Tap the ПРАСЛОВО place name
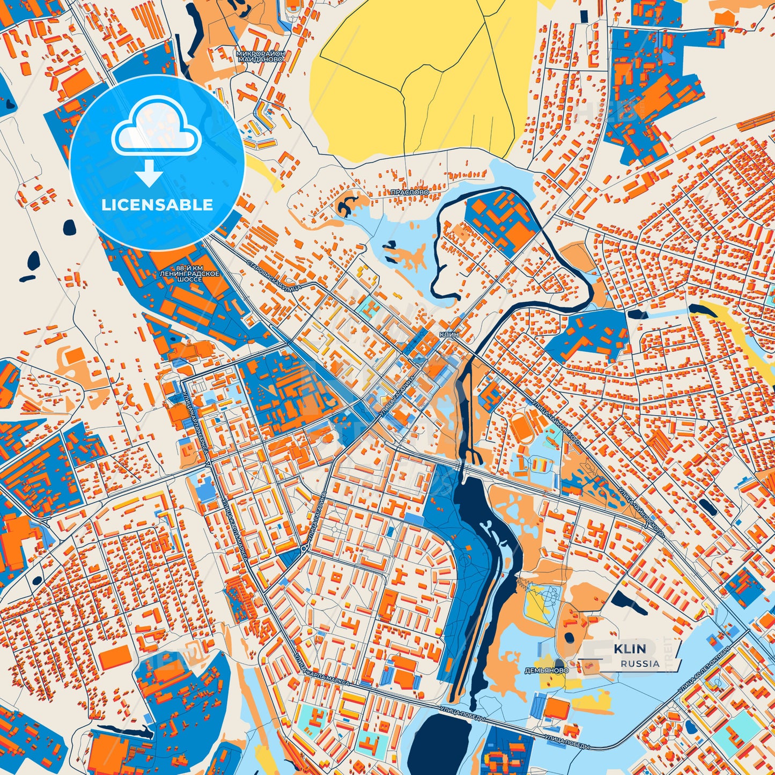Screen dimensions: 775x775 point(410,191)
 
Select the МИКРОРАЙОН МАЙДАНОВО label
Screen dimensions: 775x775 point(261,57)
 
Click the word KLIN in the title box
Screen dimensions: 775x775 point(630,649)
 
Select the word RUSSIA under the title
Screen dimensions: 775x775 point(640,663)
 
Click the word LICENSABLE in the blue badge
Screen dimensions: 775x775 point(157,205)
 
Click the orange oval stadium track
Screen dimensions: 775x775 point(522,429)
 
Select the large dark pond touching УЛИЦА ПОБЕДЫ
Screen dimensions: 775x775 point(443,743)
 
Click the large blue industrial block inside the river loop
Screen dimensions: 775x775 point(499,223)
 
